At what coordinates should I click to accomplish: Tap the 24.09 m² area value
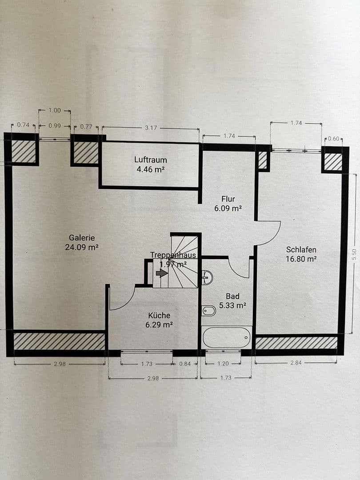click(82, 248)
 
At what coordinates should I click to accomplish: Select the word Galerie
click(82, 238)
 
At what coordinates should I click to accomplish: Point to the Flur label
click(228, 199)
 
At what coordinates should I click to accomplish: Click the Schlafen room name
click(301, 249)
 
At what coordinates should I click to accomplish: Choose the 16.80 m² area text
click(301, 259)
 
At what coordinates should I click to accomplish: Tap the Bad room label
click(232, 296)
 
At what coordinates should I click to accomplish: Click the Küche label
click(159, 315)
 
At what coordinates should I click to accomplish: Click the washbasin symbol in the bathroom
click(207, 277)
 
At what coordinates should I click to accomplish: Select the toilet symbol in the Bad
click(208, 311)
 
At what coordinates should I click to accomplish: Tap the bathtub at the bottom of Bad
click(227, 337)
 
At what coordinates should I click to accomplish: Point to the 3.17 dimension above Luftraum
click(151, 128)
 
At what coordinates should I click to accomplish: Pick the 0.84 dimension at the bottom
click(185, 364)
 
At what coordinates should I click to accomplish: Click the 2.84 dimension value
click(296, 363)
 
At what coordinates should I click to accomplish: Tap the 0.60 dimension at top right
click(333, 139)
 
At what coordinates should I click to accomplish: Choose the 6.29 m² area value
click(159, 325)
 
